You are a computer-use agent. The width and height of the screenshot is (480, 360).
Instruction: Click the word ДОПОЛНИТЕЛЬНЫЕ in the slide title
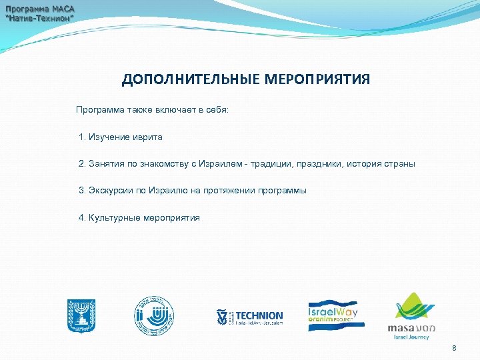pos(191,80)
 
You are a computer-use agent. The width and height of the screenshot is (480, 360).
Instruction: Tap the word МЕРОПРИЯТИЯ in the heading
pos(317,80)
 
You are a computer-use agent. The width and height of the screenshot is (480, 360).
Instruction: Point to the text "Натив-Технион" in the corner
pos(41,19)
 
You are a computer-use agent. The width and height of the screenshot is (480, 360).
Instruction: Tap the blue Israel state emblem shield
pos(81,315)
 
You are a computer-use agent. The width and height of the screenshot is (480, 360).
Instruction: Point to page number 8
pos(454,348)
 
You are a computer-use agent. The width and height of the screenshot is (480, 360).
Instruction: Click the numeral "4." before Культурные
pos(83,218)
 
